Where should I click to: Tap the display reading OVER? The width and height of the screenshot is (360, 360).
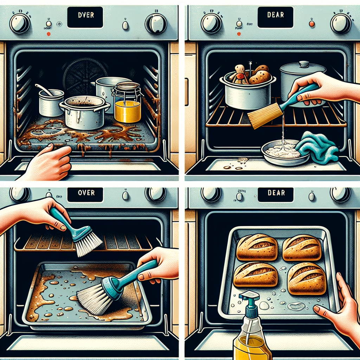pyautogui.click(x=85, y=193)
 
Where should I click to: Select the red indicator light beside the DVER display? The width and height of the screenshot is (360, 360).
pyautogui.click(x=48, y=34)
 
